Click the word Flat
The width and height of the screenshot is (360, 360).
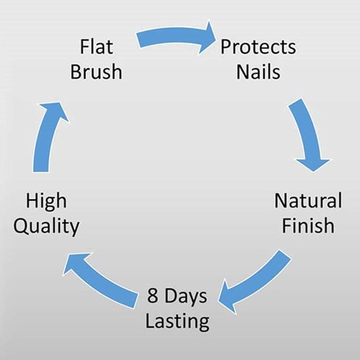pyautogui.click(x=96, y=47)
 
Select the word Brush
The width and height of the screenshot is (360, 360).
pyautogui.click(x=96, y=72)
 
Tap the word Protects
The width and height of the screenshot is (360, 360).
pyautogui.click(x=258, y=47)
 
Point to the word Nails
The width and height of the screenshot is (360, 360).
pyautogui.click(x=258, y=72)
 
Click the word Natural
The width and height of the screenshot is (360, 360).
pyautogui.click(x=308, y=200)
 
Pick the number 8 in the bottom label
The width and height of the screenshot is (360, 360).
pyautogui.click(x=153, y=295)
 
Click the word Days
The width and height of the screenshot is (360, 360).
pyautogui.click(x=186, y=297)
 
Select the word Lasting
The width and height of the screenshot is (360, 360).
pyautogui.click(x=178, y=322)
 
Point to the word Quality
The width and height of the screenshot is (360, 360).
pyautogui.click(x=46, y=227)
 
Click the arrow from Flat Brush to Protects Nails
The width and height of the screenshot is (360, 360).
pyautogui.click(x=174, y=35)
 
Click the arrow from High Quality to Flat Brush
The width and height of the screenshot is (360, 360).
pyautogui.click(x=45, y=135)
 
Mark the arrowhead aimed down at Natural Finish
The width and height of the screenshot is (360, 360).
pyautogui.click(x=313, y=164)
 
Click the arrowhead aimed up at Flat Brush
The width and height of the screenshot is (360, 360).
pyautogui.click(x=54, y=111)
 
